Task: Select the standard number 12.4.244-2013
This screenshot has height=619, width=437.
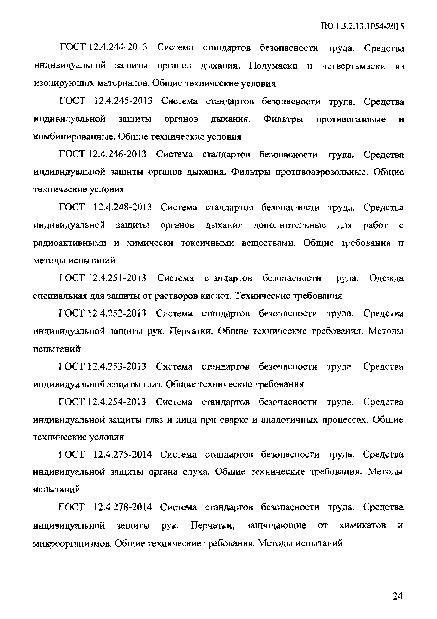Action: [118, 48]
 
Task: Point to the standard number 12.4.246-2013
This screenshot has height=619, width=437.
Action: [117, 154]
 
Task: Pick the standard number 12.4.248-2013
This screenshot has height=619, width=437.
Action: [123, 207]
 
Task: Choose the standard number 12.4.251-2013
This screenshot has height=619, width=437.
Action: [117, 278]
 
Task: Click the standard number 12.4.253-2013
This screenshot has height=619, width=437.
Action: [117, 366]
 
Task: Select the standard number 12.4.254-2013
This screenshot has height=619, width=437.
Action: [117, 402]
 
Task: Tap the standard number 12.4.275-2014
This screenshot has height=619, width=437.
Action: [122, 455]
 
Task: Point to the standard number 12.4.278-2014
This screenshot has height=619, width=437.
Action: [122, 507]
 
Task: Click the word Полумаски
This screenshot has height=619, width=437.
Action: [273, 66]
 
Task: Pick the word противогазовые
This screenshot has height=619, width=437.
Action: [351, 119]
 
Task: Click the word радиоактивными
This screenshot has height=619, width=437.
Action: [70, 243]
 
